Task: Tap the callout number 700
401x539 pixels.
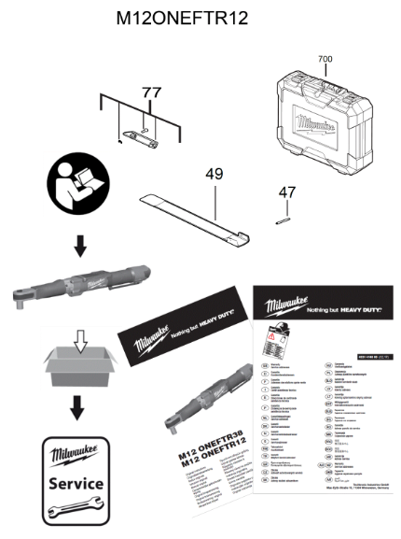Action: [x=325, y=59]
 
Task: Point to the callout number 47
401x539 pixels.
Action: [x=288, y=192]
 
